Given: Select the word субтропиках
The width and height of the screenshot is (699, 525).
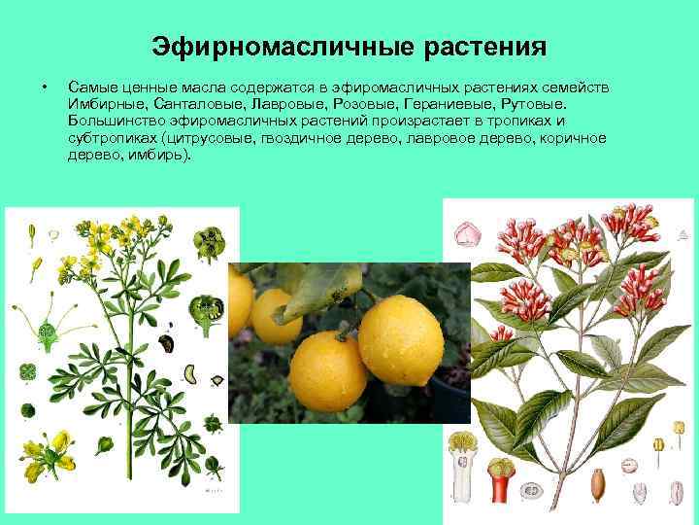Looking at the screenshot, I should click(x=113, y=138).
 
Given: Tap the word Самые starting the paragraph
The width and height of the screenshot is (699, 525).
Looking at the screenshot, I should click(x=91, y=87).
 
